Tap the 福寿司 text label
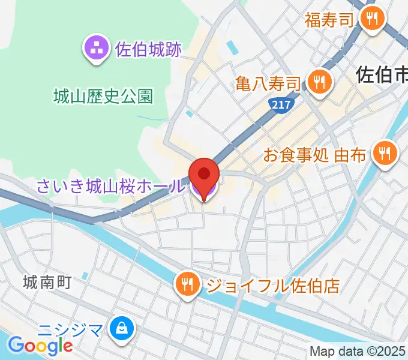click(x=329, y=20)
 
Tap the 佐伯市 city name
click(x=382, y=74)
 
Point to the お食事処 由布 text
click(x=315, y=155)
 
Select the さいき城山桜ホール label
click(x=110, y=187)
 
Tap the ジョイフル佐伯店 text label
click(x=273, y=284)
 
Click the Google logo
click(x=40, y=346)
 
